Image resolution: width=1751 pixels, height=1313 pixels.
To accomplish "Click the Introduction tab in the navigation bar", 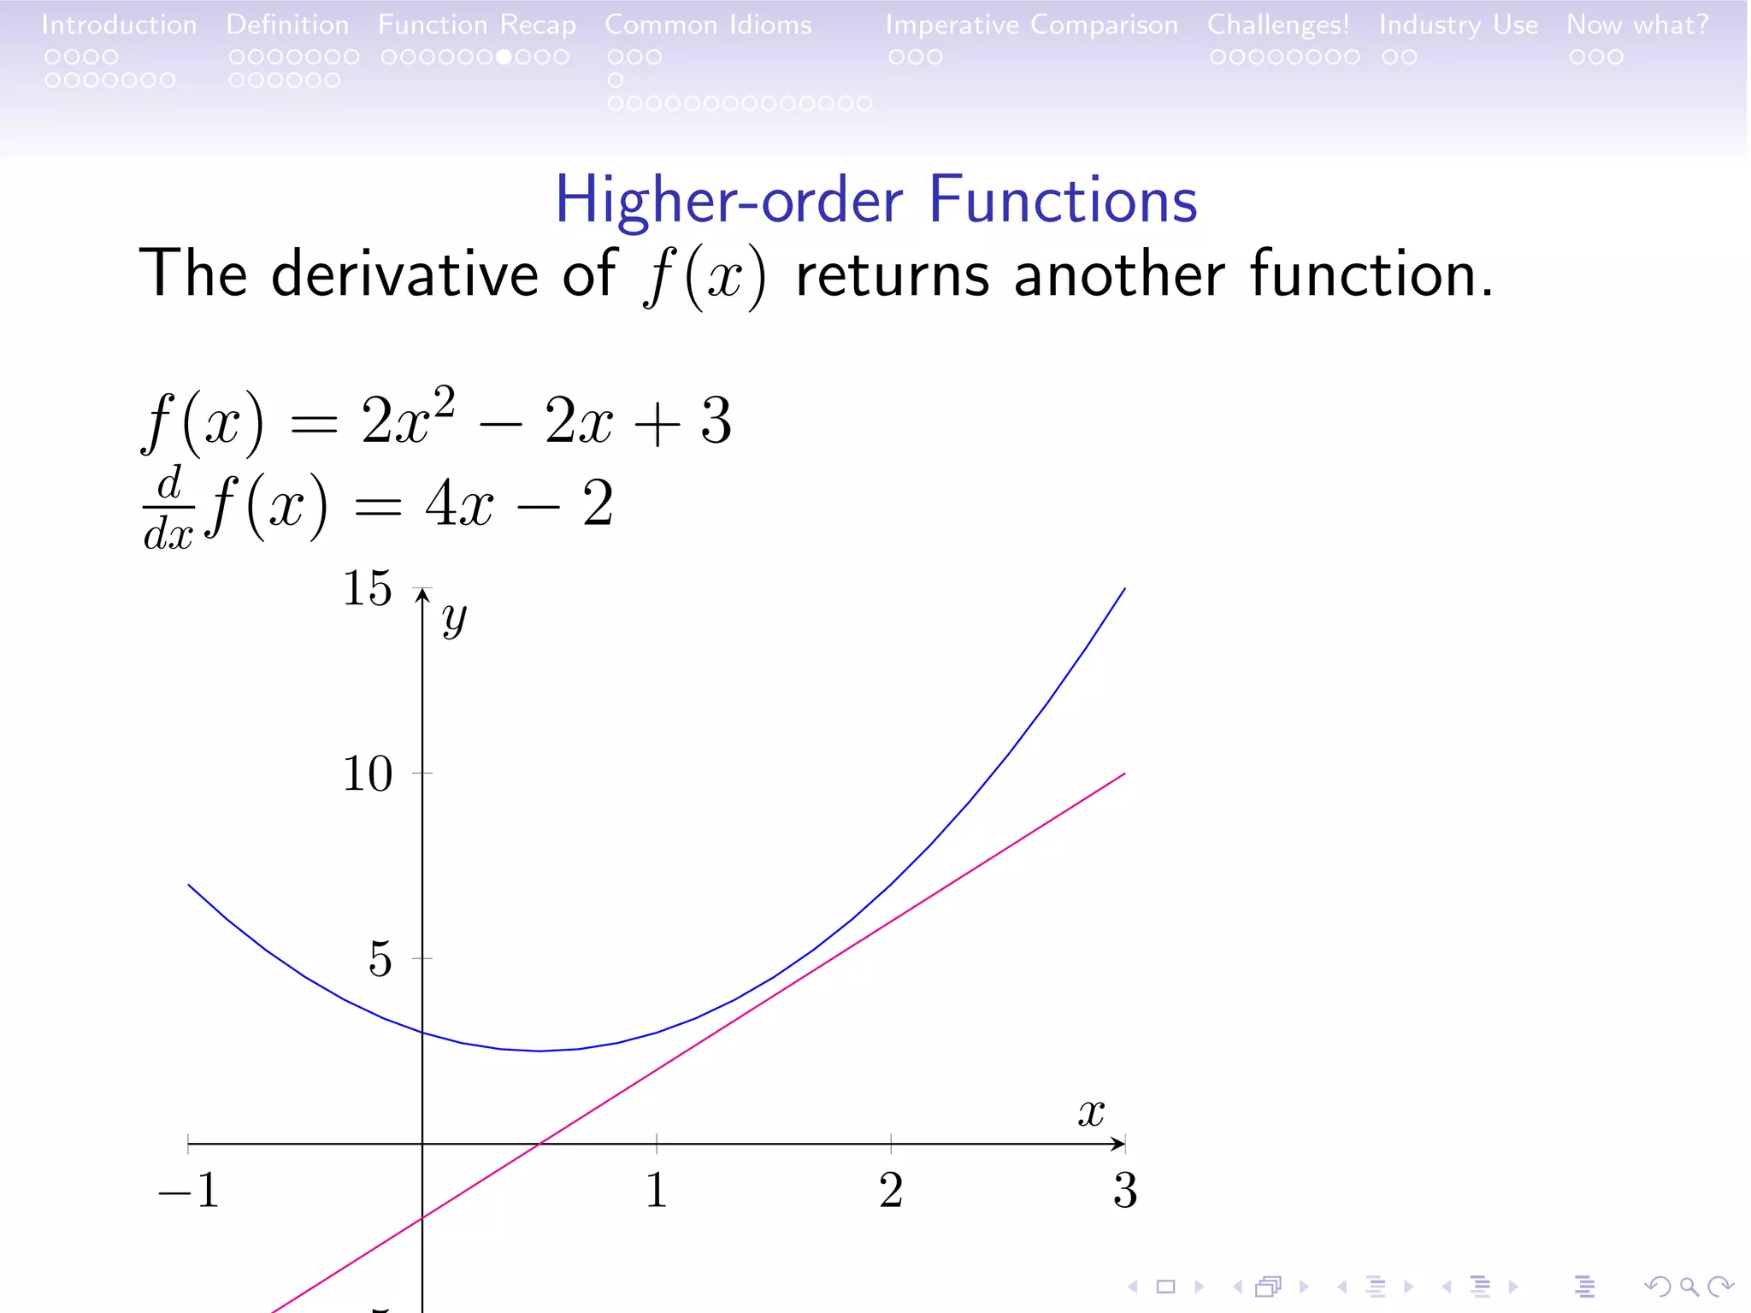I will point(119,25).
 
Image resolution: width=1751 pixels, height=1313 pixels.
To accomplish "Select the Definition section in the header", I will point(287,25).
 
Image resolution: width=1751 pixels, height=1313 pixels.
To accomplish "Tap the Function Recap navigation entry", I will point(477,25).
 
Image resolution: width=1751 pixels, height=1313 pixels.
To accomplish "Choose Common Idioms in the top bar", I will point(708,25).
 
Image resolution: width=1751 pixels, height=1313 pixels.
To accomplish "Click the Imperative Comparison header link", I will point(1031,25).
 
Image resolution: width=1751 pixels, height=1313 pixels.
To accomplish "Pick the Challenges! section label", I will point(1278,25).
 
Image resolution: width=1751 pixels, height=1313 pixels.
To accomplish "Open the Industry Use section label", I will point(1458,25).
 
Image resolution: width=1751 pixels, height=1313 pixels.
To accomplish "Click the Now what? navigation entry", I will point(1637,25).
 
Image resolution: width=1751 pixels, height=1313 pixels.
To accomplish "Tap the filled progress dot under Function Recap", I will point(504,57).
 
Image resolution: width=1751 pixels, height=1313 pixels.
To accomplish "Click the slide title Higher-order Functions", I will point(875,200).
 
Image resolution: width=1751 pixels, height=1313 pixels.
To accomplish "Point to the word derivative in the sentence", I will point(404,274).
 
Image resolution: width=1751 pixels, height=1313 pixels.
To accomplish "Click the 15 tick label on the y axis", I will point(368,588).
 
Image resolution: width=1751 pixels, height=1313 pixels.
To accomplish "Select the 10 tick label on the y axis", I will point(368,774).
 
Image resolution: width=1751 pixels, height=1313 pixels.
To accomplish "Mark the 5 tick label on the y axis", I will point(380,959).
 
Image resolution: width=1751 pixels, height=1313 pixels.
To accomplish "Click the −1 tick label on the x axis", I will point(189,1190).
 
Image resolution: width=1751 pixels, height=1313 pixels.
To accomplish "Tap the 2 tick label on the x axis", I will point(891,1190).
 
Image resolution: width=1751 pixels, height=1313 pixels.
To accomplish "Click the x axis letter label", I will point(1091,1113).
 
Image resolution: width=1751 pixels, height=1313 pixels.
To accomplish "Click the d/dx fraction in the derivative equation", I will point(169,507).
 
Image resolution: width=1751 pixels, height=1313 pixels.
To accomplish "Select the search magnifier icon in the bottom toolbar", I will point(1689,1287).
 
